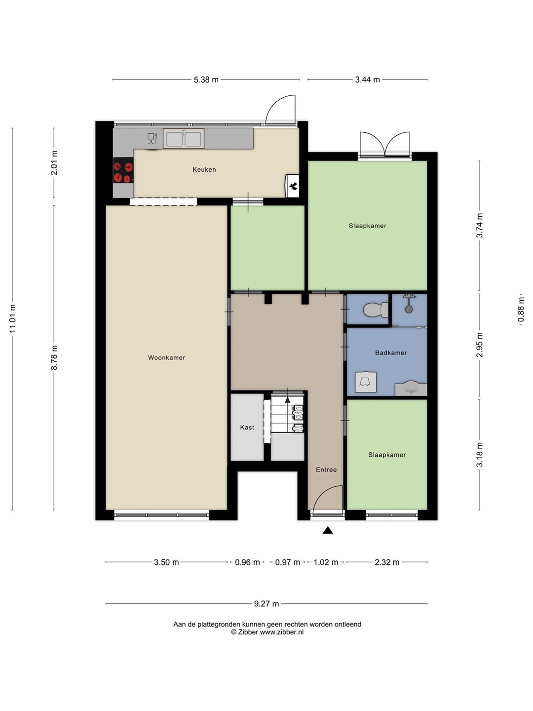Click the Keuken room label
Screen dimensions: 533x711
pyautogui.click(x=204, y=169)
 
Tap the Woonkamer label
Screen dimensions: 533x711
pyautogui.click(x=166, y=357)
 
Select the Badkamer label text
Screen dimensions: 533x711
pyautogui.click(x=391, y=353)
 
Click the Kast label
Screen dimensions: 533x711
pyautogui.click(x=247, y=428)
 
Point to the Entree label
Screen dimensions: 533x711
pyautogui.click(x=326, y=470)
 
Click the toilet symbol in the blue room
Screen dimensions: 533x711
pyautogui.click(x=376, y=310)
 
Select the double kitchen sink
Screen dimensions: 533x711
pyautogui.click(x=184, y=139)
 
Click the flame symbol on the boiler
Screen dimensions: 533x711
pyautogui.click(x=294, y=186)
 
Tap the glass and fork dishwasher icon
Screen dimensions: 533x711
pyautogui.click(x=152, y=138)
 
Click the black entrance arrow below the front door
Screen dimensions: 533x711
pyautogui.click(x=328, y=530)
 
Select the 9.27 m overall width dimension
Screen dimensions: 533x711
pyautogui.click(x=266, y=603)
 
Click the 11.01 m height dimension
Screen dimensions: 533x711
pyautogui.click(x=12, y=319)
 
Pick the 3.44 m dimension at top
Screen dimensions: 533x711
pyautogui.click(x=367, y=79)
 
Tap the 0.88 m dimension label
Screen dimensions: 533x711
pyautogui.click(x=521, y=310)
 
